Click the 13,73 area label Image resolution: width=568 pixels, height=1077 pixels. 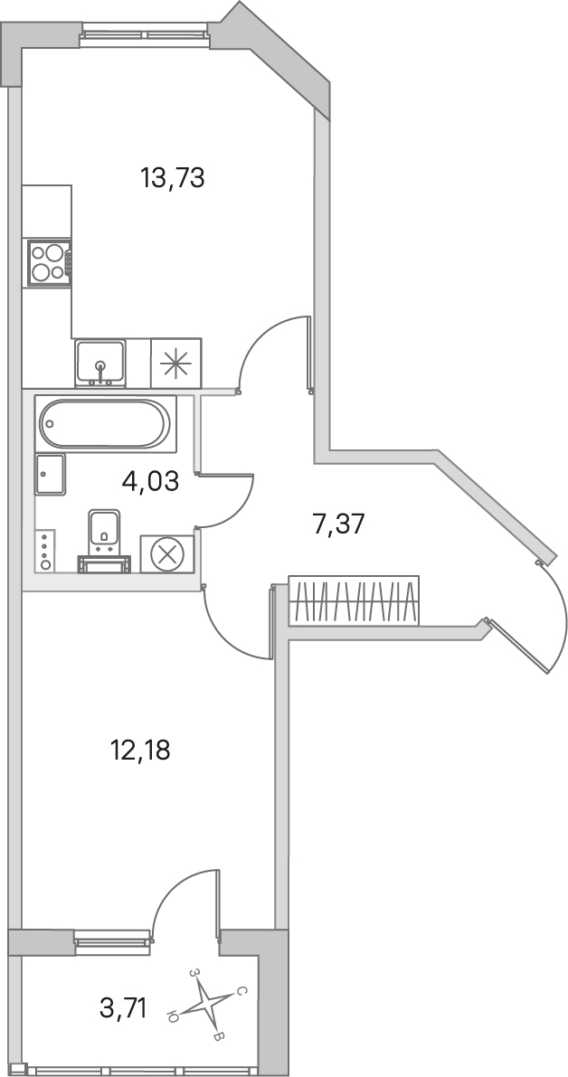173,178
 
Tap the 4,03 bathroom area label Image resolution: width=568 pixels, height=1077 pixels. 150,481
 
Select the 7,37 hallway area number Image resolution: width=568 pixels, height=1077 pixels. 337,524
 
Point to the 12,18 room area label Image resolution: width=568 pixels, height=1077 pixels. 140,750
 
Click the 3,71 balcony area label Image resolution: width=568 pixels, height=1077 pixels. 123,1009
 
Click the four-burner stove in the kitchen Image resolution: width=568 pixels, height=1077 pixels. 48,261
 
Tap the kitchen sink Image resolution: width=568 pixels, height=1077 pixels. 100,362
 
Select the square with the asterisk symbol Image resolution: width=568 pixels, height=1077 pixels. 175,362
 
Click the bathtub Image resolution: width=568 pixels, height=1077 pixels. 104,423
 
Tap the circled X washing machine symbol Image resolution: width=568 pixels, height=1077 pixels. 167,553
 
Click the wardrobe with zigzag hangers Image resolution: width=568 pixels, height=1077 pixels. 354,600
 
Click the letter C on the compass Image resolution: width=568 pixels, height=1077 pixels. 241,990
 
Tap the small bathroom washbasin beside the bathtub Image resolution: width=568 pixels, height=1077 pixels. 50,475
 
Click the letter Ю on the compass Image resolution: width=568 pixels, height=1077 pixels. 173,1016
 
